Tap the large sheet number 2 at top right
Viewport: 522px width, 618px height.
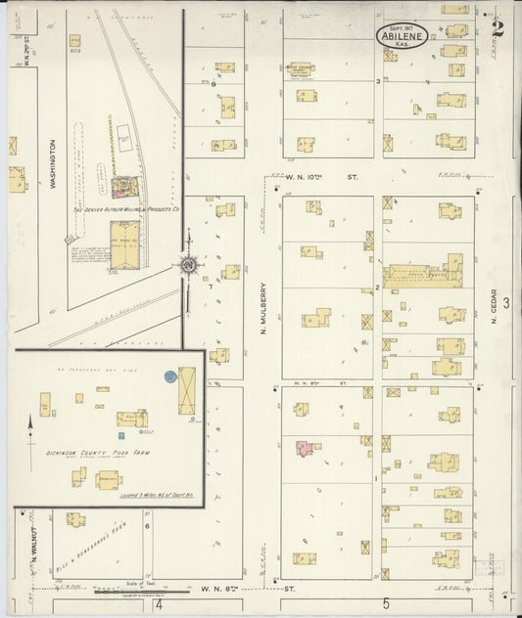498,27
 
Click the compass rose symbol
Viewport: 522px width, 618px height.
187,264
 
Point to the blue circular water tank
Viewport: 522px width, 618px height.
170,375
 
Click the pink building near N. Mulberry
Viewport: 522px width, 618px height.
306,449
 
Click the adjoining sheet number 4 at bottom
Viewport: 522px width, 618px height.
157,604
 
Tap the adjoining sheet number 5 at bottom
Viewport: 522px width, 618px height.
387,604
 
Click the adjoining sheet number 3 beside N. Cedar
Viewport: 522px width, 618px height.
507,303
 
